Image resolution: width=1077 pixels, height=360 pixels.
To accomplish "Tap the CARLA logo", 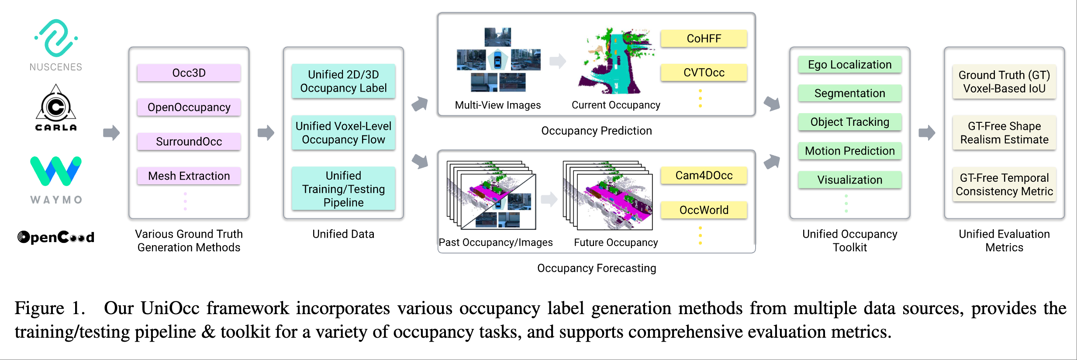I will click(56, 107).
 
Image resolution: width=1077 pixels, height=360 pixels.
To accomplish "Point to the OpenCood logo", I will click(56, 237).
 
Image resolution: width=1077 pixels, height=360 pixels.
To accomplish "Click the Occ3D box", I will click(189, 73).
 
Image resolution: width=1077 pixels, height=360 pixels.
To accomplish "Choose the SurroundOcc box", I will click(189, 142).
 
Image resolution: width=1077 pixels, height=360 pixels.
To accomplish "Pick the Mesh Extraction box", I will click(189, 176).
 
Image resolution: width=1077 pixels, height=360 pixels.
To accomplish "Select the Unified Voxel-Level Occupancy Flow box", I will click(343, 133).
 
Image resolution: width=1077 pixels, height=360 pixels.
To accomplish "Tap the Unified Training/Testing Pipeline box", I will click(343, 189).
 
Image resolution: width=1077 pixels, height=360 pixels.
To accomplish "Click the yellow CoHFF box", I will click(704, 38).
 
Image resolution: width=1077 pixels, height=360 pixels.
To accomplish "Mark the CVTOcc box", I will click(704, 73).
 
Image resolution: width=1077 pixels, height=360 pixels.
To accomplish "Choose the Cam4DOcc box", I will click(704, 175).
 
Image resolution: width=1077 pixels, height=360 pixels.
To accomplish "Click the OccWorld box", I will click(704, 210).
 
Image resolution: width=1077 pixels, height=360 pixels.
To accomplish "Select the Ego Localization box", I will click(849, 65).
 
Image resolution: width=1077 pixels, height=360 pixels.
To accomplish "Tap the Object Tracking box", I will click(849, 122).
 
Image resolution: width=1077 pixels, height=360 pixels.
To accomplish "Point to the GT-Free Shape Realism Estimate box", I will click(1004, 133).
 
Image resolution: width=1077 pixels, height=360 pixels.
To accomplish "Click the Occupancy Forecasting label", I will click(596, 268).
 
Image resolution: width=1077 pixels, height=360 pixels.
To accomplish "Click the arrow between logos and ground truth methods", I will click(111, 133).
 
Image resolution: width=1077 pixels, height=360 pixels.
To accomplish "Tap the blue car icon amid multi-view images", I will click(497, 60).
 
